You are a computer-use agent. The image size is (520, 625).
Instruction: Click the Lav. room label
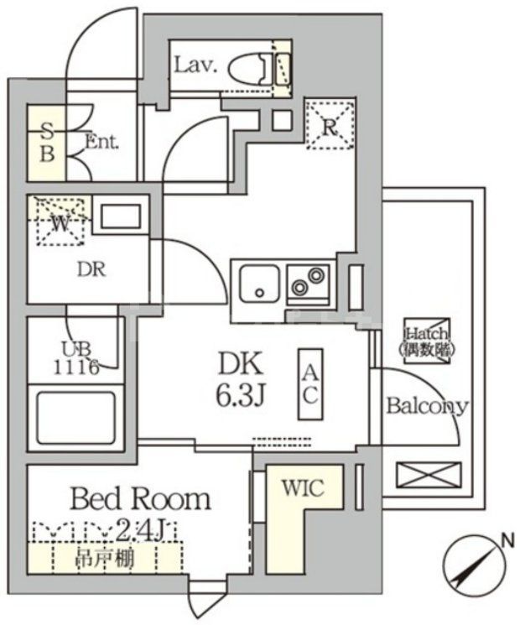pos(195,65)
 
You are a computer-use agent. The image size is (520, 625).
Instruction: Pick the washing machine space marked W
pos(59,222)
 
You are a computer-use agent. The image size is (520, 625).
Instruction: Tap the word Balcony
pos(426,406)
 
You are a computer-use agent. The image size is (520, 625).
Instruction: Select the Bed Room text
pos(139,500)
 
